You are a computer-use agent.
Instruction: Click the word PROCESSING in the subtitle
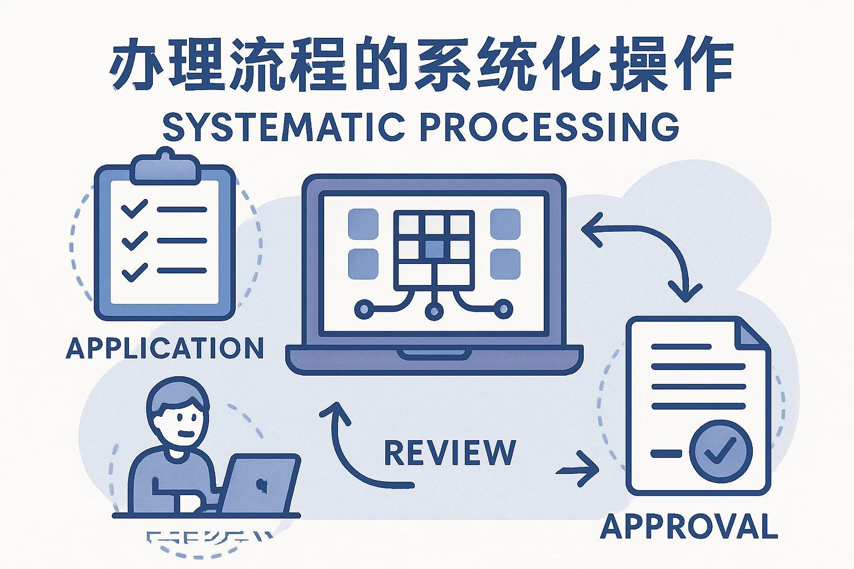click(x=549, y=127)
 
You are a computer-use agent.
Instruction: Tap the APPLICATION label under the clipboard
click(x=165, y=349)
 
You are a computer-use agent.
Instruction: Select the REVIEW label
click(x=450, y=453)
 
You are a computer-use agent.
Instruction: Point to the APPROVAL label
click(x=689, y=526)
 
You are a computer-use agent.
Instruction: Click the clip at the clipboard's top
click(x=165, y=167)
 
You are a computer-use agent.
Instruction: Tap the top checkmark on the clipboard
click(x=134, y=209)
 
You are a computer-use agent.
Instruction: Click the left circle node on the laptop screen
click(x=365, y=309)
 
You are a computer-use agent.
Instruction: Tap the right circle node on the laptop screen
click(x=503, y=309)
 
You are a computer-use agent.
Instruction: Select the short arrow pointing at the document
click(x=578, y=470)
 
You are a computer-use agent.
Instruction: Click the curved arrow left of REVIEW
click(x=356, y=450)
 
